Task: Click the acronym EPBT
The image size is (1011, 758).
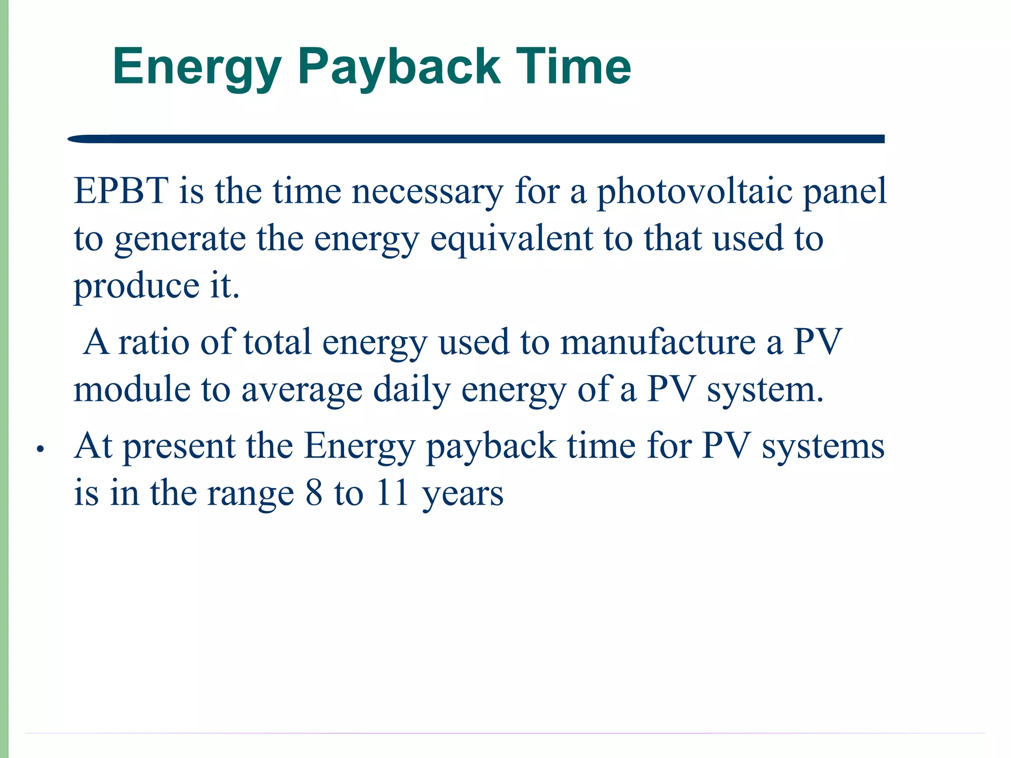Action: coord(121,191)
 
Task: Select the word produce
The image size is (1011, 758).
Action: coord(136,286)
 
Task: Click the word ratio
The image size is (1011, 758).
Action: coord(154,341)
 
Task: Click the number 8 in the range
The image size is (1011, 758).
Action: coord(314,493)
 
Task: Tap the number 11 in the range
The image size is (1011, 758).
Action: coord(392,493)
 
